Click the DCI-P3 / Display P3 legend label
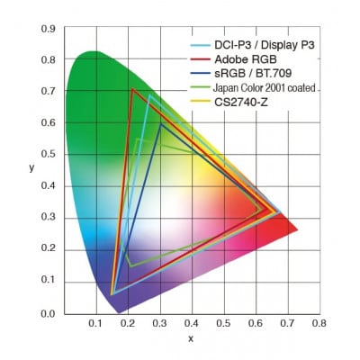pos(256,43)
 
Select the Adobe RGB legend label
pos(240,58)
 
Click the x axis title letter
pos(191,338)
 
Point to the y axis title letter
pos(31,167)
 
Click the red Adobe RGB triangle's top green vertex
pos(132,89)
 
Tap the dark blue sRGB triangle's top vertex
pos(160,124)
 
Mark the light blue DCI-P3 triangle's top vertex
pos(148,96)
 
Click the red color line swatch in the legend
pos(200,58)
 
